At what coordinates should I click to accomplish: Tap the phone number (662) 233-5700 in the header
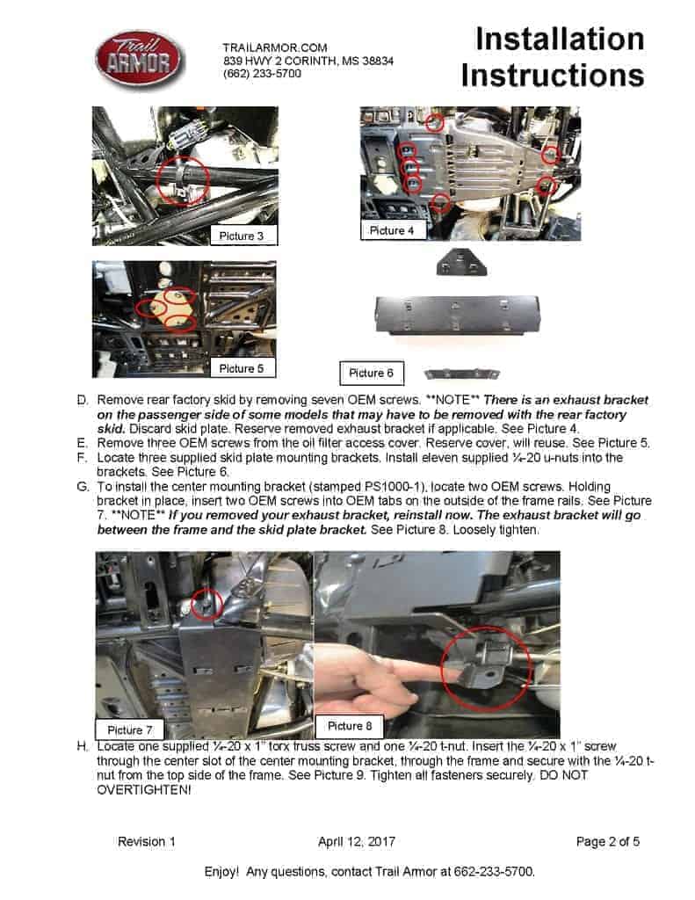(x=262, y=75)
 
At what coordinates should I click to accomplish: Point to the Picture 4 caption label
(x=392, y=230)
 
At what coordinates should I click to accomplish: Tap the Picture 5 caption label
(x=242, y=368)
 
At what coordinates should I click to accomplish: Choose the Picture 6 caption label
(x=371, y=373)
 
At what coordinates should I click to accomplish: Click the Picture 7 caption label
(x=130, y=729)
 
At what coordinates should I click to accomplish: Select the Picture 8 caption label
(x=350, y=725)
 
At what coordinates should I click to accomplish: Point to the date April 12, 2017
(x=356, y=841)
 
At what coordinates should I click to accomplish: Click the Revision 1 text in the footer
(x=147, y=841)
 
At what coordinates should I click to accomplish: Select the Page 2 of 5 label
(x=607, y=841)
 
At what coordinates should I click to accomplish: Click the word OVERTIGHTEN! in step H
(x=143, y=790)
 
